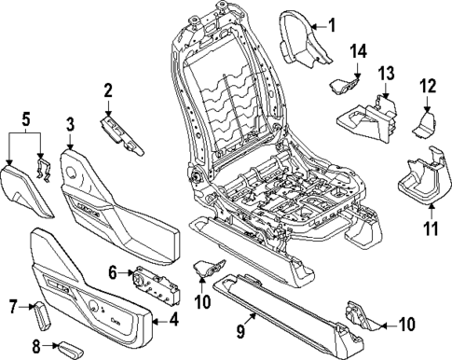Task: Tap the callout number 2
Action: (108, 90)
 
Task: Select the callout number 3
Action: (70, 124)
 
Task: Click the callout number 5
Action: (26, 119)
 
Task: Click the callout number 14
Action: (359, 49)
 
